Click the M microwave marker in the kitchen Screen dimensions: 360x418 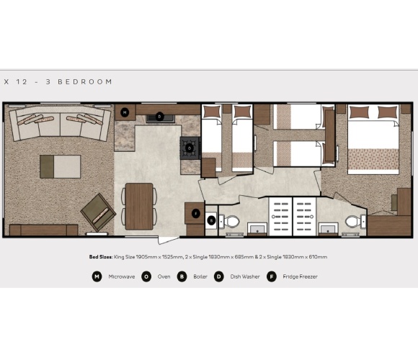click(x=125, y=112)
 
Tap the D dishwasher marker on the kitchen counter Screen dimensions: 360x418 click(x=159, y=115)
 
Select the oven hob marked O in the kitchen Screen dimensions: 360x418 click(x=189, y=148)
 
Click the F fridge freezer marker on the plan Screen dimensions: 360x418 click(x=195, y=214)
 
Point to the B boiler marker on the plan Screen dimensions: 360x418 click(x=211, y=220)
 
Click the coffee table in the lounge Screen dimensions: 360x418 click(x=61, y=166)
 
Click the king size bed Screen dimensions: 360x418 click(x=373, y=141)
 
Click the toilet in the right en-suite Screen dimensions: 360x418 click(x=352, y=221)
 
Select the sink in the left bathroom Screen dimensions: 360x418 click(x=256, y=229)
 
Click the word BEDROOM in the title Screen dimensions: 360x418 click(x=89, y=82)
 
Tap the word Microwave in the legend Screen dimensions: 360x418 click(x=121, y=276)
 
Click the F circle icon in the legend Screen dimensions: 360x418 click(x=272, y=276)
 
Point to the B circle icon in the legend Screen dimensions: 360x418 click(x=182, y=276)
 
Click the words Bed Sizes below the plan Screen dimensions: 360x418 click(x=101, y=257)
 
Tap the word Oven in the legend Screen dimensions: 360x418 click(x=164, y=276)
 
